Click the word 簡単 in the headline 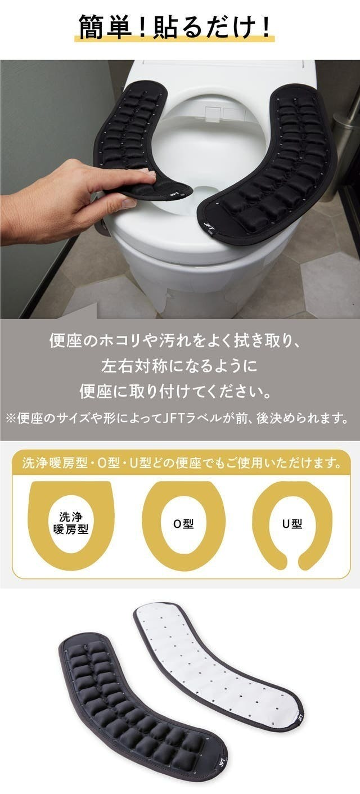(105, 28)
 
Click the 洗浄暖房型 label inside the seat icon (71, 523)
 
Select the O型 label (183, 523)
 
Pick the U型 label (292, 523)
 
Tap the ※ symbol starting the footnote (11, 419)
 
